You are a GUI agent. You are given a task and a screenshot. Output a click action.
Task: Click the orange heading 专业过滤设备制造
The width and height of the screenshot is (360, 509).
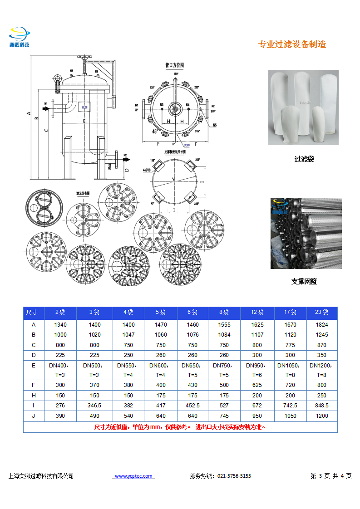(x=292, y=44)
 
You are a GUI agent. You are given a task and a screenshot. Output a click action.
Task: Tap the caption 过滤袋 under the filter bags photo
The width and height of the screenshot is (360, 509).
(x=304, y=159)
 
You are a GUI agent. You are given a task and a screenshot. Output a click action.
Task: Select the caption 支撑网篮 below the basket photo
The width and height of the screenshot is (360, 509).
(x=304, y=281)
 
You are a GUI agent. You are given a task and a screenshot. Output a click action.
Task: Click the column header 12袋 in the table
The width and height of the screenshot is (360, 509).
(x=257, y=312)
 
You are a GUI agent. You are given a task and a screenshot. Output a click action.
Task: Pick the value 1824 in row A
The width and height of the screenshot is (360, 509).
(x=321, y=324)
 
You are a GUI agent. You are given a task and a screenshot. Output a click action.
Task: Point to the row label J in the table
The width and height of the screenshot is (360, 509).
(x=34, y=416)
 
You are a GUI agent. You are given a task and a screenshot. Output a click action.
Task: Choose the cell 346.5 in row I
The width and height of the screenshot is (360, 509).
(x=94, y=406)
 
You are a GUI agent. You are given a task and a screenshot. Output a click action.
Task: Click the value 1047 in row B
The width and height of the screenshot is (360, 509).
(x=128, y=334)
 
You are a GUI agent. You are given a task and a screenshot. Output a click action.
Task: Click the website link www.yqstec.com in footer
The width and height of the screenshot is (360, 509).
(x=133, y=476)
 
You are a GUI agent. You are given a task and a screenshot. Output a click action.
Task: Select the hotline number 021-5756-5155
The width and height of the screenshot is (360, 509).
(x=234, y=476)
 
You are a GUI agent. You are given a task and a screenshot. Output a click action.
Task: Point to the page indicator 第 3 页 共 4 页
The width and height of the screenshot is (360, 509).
(x=331, y=476)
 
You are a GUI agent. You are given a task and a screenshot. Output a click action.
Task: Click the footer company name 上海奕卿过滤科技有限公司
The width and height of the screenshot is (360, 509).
(x=41, y=476)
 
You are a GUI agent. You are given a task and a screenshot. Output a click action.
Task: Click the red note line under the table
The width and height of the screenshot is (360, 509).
(x=180, y=427)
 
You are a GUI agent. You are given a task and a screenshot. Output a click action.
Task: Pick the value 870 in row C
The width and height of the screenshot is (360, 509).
(x=321, y=345)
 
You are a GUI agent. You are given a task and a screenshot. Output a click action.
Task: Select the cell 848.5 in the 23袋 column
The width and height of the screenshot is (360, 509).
(x=321, y=406)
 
